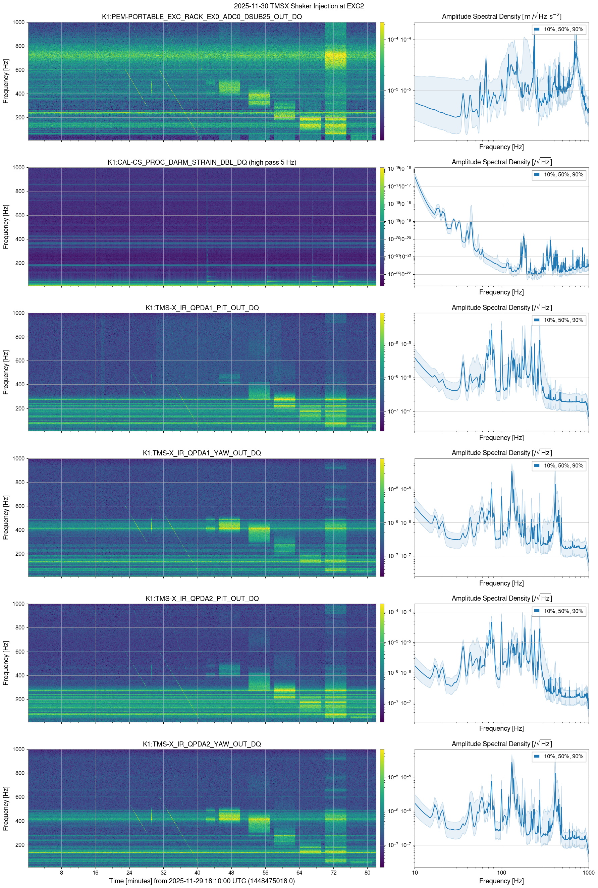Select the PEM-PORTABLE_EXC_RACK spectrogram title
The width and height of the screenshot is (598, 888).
(202, 17)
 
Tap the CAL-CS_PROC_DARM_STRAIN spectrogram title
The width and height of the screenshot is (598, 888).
(202, 162)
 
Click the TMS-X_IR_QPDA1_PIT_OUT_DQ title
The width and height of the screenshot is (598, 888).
(202, 308)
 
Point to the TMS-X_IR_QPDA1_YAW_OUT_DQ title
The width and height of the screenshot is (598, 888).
(202, 453)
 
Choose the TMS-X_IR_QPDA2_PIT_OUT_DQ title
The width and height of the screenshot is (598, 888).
(202, 599)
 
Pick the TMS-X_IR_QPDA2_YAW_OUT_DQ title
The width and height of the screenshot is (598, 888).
(202, 744)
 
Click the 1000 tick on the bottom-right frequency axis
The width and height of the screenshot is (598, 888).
(588, 872)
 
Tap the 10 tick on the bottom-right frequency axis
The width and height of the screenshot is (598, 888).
(415, 872)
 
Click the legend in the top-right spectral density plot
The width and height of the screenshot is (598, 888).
(559, 30)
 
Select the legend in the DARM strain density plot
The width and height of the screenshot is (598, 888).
(559, 175)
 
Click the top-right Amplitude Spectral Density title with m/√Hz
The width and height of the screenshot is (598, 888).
(501, 16)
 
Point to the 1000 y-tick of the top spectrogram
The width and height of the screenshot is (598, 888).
(18, 22)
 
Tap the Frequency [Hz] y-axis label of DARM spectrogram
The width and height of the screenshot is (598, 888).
(6, 226)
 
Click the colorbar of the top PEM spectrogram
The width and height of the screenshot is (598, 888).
(382, 81)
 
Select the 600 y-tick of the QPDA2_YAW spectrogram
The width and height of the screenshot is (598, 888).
(20, 797)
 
